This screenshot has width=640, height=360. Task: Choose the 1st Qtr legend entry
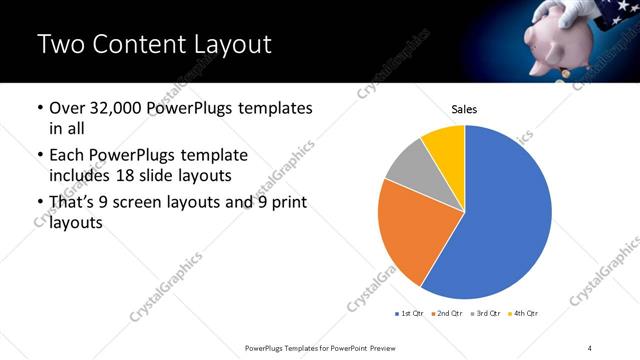[411, 314]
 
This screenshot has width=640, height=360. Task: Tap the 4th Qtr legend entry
[527, 314]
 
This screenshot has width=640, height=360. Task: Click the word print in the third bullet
[288, 204]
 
